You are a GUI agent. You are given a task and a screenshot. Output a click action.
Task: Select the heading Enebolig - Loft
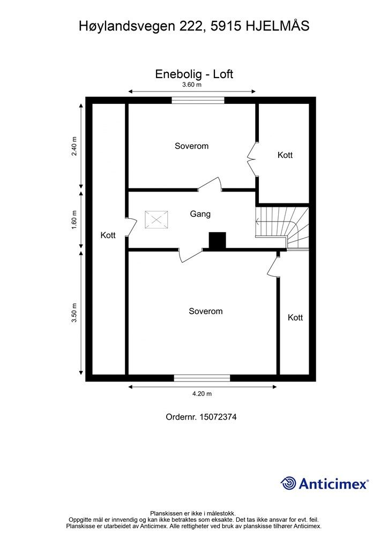tap(194, 74)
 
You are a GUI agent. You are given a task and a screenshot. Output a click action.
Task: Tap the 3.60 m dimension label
tap(192, 85)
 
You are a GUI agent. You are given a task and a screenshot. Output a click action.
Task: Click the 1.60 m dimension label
tap(75, 220)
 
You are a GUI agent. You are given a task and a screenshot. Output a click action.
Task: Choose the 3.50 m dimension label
tap(75, 313)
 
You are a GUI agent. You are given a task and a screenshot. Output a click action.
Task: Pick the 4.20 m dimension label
tap(202, 394)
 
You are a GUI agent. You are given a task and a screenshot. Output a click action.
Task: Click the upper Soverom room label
tap(191, 146)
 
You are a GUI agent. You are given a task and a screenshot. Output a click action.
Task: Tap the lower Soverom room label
tap(205, 311)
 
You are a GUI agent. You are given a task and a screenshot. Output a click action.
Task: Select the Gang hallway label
tap(200, 214)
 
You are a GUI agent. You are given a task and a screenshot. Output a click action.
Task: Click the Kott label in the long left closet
tap(108, 235)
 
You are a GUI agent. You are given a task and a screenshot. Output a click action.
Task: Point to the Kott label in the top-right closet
tap(285, 155)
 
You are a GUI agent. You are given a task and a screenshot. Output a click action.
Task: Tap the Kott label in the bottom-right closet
tap(295, 317)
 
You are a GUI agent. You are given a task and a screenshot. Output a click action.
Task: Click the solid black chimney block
tap(217, 241)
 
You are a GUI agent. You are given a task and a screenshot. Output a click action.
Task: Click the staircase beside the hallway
tap(282, 227)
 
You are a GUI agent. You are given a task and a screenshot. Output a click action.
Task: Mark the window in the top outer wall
tap(198, 100)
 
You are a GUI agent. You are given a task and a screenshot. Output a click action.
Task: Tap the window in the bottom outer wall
tap(202, 378)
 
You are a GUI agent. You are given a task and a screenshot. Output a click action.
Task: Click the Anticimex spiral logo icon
tap(289, 483)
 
